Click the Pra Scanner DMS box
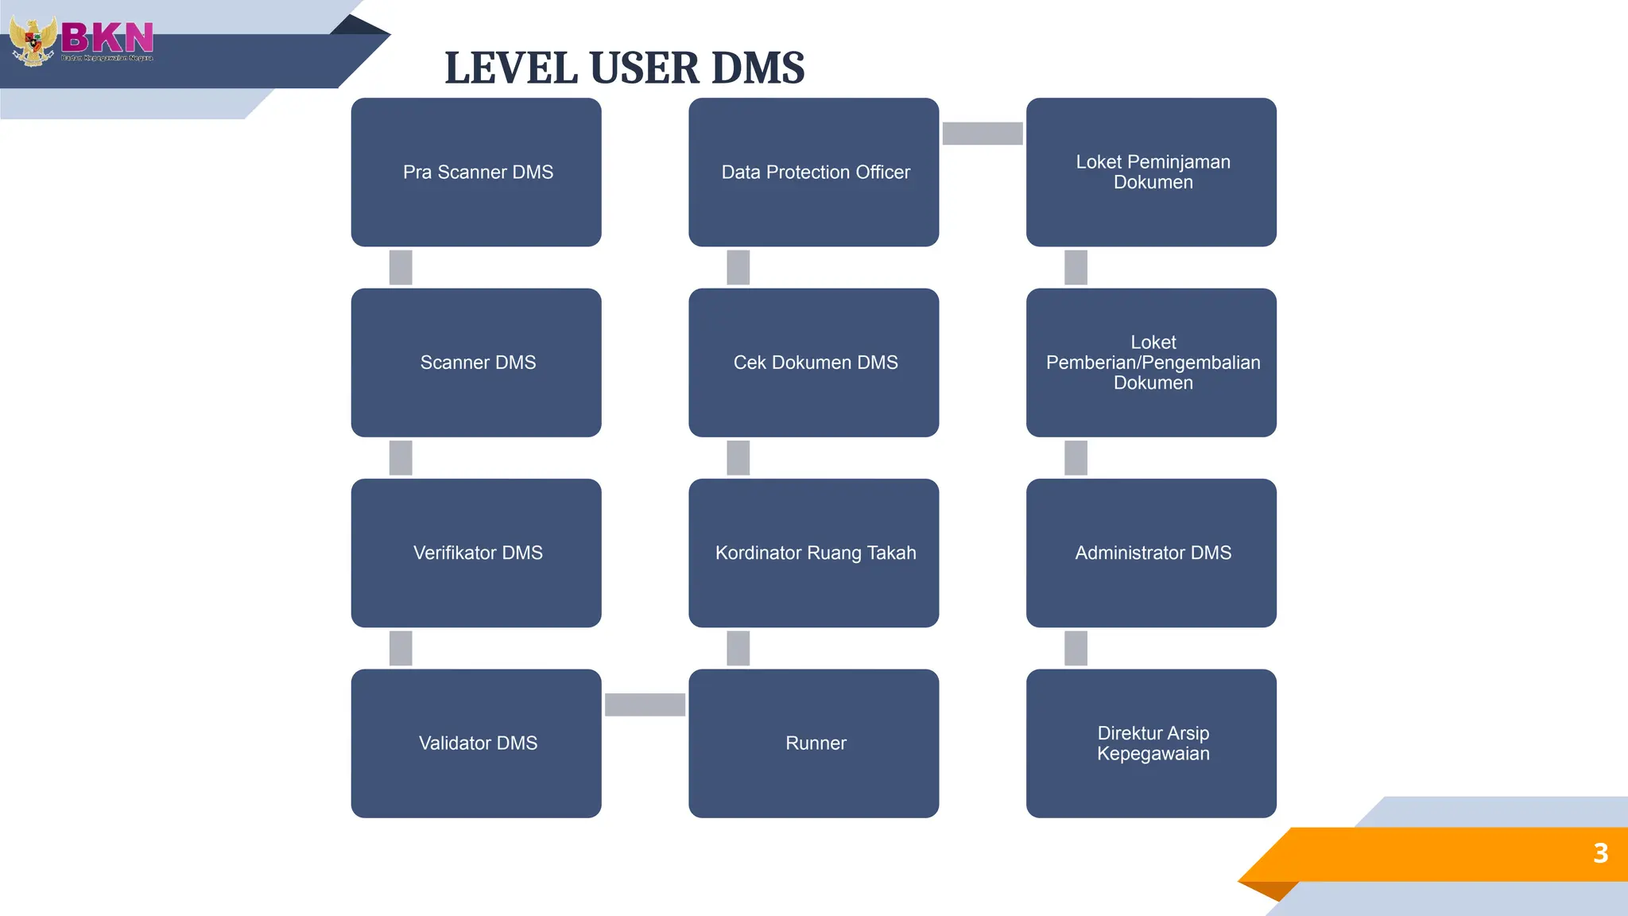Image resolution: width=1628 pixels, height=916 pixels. coord(476,172)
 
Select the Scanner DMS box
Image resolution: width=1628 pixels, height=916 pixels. coord(476,363)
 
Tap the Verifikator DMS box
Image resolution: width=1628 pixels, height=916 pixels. coord(476,553)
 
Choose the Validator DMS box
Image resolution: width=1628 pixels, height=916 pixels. coord(476,743)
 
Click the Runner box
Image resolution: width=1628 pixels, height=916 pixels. coord(814,743)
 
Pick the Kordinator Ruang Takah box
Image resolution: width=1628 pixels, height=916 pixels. coord(814,553)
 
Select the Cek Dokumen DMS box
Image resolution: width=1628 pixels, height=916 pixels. coord(814,363)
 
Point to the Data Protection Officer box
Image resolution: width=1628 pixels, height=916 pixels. coord(814,172)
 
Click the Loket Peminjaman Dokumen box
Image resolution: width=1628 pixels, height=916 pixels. coord(1151,172)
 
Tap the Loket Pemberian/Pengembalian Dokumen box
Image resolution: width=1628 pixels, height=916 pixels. coord(1151,363)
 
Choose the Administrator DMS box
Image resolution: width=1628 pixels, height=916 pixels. coord(1151,553)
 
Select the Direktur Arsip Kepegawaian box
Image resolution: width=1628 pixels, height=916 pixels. coord(1151,743)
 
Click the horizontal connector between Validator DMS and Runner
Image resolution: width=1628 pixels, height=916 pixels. coord(645,704)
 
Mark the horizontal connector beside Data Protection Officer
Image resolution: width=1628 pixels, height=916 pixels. coord(983,134)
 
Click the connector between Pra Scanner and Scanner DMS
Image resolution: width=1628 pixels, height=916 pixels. coord(401,267)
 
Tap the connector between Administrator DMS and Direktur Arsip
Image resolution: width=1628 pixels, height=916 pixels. coord(1076,648)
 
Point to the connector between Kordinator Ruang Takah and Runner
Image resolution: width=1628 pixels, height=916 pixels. coord(738,648)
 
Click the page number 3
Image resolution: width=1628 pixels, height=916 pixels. coord(1600,853)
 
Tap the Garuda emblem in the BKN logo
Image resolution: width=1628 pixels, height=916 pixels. coord(33,41)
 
